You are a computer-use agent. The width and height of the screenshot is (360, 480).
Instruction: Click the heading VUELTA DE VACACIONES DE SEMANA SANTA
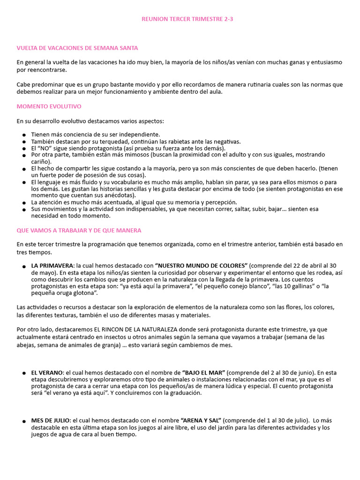pyautogui.click(x=77, y=48)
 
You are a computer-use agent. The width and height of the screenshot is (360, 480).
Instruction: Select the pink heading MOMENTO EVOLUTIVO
pyautogui.click(x=49, y=106)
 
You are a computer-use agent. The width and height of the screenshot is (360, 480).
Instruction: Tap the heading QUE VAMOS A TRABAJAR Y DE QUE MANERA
pyautogui.click(x=79, y=231)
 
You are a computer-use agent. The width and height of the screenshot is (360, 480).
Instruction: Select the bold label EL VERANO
pyautogui.click(x=47, y=372)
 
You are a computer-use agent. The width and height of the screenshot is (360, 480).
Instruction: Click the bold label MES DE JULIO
pyautogui.click(x=51, y=420)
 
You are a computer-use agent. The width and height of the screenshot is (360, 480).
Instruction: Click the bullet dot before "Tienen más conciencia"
pyautogui.click(x=24, y=135)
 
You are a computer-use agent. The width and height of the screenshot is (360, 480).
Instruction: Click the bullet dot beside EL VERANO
pyautogui.click(x=24, y=373)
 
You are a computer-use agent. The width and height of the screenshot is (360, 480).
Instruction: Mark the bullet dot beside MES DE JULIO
pyautogui.click(x=24, y=422)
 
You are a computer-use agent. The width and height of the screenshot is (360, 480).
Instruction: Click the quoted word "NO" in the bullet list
pyautogui.click(x=45, y=148)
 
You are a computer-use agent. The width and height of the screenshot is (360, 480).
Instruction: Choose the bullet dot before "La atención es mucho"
pyautogui.click(x=24, y=203)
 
